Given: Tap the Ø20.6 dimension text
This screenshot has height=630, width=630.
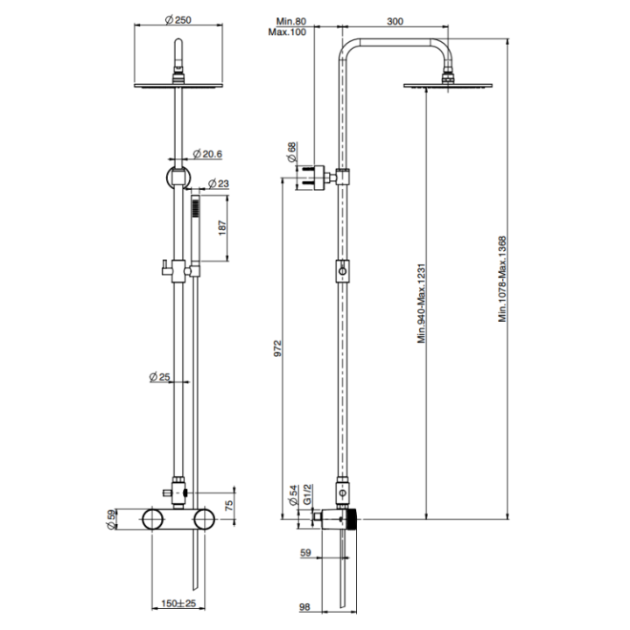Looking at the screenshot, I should pos(208,154).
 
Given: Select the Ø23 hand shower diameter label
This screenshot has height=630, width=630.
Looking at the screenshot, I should pos(219,184).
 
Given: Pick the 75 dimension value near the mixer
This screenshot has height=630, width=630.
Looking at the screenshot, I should pos(227,505).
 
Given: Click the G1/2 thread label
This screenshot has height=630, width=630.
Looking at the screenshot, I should pos(306,498).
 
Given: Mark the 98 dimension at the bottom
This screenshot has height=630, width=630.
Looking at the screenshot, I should pos(305,605).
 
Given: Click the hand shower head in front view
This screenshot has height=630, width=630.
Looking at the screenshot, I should pos(199,210).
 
